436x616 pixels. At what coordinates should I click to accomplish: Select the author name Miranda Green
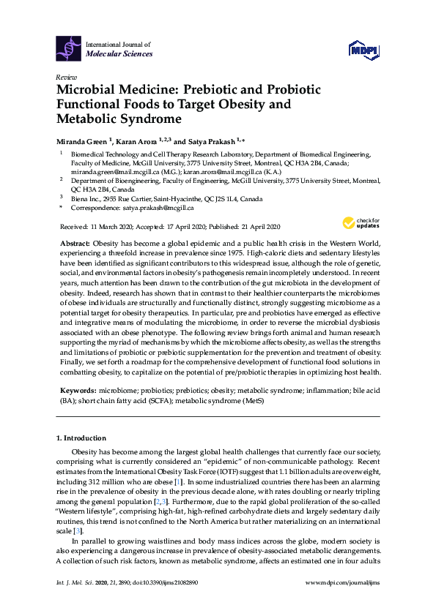83,140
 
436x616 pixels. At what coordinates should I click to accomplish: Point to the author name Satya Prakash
213,140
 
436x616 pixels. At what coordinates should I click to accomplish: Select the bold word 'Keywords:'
77,393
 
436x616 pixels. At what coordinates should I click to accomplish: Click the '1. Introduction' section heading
84,438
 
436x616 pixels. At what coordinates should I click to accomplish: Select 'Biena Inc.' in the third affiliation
86,198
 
